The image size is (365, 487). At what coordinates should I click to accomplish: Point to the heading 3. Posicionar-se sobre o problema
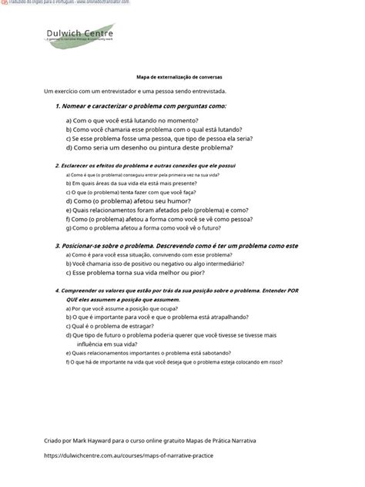[x=176, y=245]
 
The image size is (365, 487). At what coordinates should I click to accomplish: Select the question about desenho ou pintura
[x=149, y=146]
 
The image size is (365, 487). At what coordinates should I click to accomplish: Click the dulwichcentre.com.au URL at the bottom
[x=129, y=456]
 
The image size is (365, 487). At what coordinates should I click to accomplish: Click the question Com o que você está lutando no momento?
[x=132, y=120]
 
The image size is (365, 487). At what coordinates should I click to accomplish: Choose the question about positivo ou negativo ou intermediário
[x=155, y=263]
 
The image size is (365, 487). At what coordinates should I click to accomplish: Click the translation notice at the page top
[x=65, y=3]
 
